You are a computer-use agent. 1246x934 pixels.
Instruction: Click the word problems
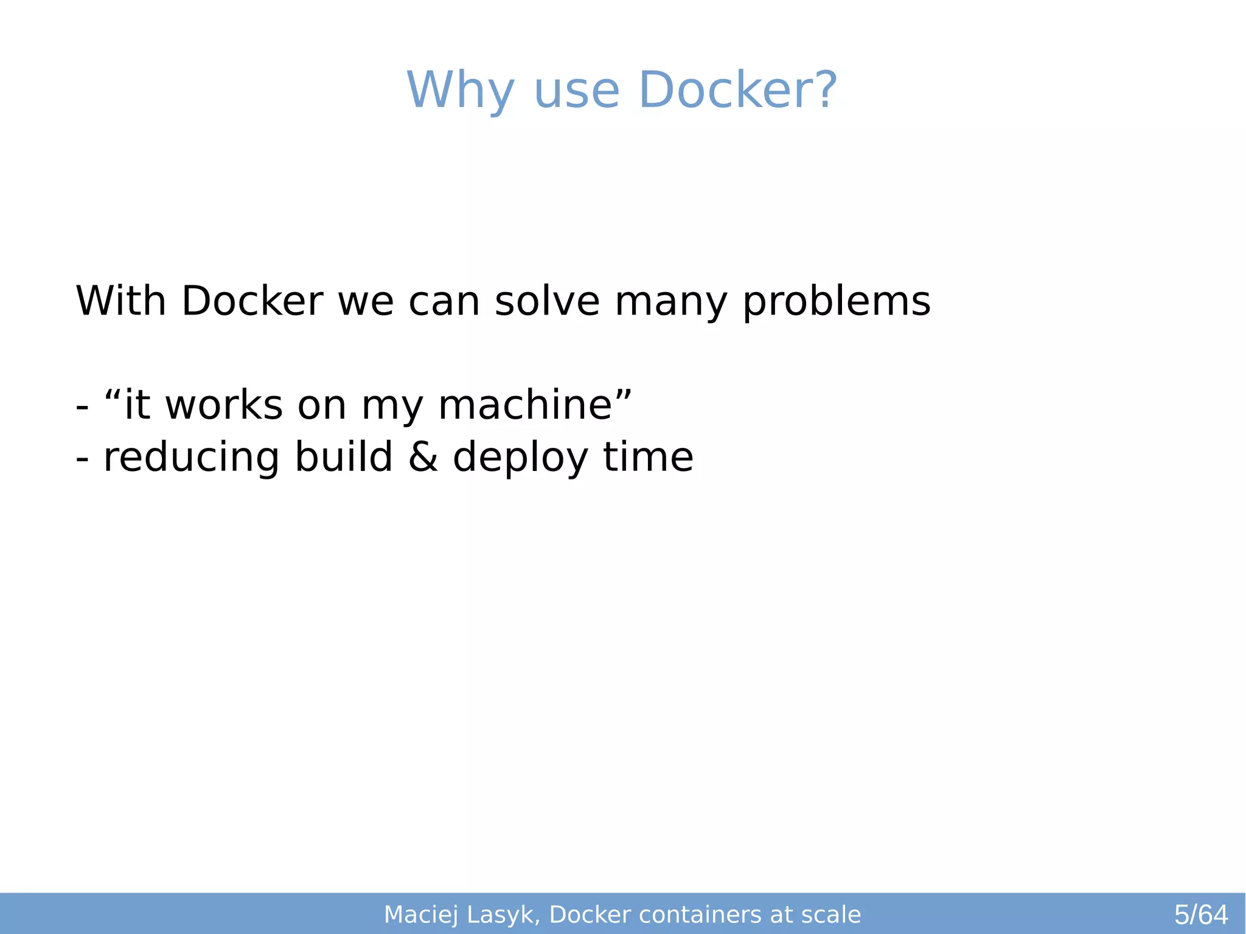pos(837,302)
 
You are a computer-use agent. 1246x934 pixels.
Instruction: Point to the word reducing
pos(191,458)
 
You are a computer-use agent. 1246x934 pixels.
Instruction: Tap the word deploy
pos(520,458)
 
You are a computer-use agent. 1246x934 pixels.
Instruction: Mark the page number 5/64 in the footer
pos(1200,915)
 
